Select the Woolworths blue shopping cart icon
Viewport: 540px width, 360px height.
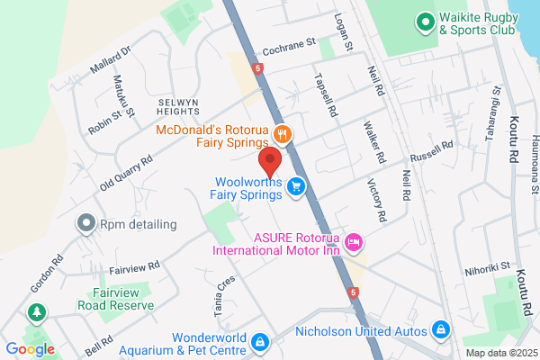[296, 186]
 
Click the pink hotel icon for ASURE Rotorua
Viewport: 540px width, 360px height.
[354, 240]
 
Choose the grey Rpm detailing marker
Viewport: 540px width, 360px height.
[86, 221]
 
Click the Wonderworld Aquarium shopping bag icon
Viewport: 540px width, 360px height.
[259, 342]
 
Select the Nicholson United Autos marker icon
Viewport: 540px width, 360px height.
[441, 330]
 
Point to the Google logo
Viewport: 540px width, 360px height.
[30, 349]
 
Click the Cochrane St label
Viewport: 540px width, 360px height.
[287, 42]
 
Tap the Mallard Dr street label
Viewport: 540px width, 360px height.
[112, 61]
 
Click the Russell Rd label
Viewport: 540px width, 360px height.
[436, 153]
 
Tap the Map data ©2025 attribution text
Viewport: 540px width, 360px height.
[500, 352]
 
